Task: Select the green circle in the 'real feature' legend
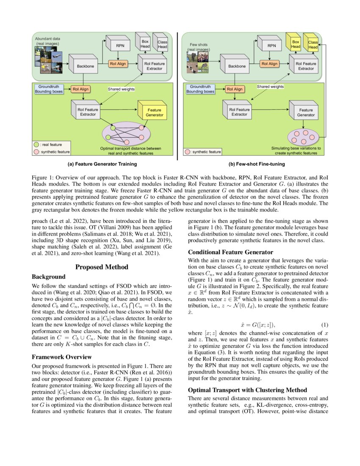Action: pos(37,145)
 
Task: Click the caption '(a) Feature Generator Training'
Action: pos(104,164)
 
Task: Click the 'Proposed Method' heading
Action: pos(102,267)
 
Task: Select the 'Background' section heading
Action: pos(49,276)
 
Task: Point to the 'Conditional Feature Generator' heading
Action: pos(230,252)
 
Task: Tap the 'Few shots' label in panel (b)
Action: pos(198,44)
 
